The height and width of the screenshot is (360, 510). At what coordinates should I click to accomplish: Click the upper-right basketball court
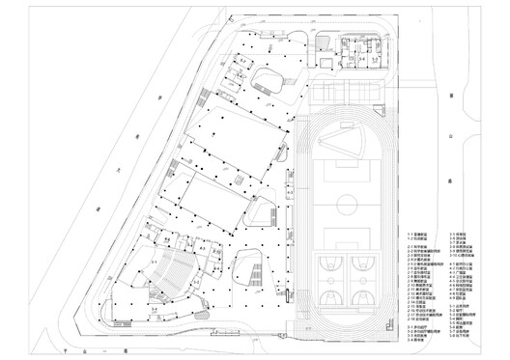tap(365, 262)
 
